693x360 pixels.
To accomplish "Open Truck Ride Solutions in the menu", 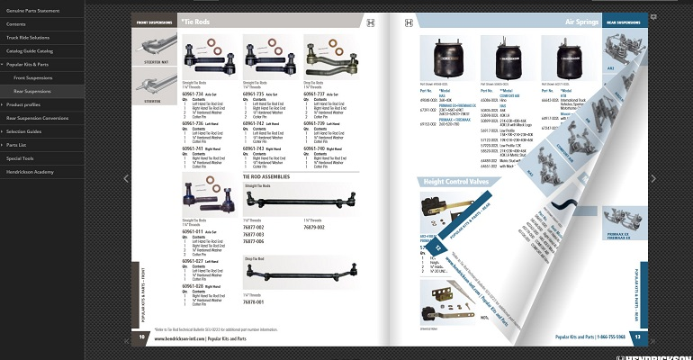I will pyautogui.click(x=28, y=37).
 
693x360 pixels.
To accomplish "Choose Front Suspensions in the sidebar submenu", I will pyautogui.click(x=32, y=77).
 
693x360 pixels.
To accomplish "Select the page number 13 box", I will pyautogui.click(x=637, y=337).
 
